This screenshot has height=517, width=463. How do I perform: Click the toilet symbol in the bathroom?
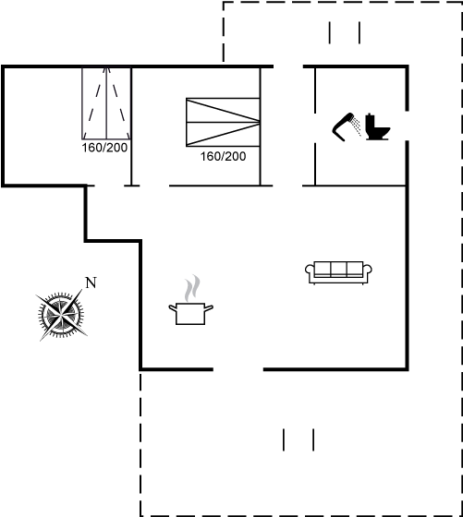point(378,127)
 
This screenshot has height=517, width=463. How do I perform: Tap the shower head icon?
point(342,127)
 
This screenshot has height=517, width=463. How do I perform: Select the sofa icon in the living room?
point(338,272)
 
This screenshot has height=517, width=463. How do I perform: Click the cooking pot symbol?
point(190,314)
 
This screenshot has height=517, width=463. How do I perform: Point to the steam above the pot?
point(192,288)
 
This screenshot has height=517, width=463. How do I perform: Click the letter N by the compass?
point(91,283)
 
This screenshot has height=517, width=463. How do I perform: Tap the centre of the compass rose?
point(61,315)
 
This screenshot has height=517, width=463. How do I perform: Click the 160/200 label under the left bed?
point(104,148)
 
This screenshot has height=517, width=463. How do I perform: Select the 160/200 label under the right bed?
point(223,156)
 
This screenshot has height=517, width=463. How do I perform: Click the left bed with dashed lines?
point(106,103)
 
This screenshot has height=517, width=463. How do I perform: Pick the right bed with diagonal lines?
point(223,122)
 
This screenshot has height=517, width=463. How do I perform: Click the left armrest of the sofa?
point(310,272)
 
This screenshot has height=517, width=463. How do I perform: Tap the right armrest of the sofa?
point(368,272)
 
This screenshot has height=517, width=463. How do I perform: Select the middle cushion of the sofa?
point(338,269)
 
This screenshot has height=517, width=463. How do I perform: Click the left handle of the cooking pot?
point(173,308)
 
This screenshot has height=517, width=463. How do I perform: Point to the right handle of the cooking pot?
point(209,308)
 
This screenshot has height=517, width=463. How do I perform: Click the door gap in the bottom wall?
point(238,369)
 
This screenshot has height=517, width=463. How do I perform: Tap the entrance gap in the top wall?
point(288,66)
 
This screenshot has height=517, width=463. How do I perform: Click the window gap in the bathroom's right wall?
point(408,126)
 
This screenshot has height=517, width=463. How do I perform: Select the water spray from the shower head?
point(356,126)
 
